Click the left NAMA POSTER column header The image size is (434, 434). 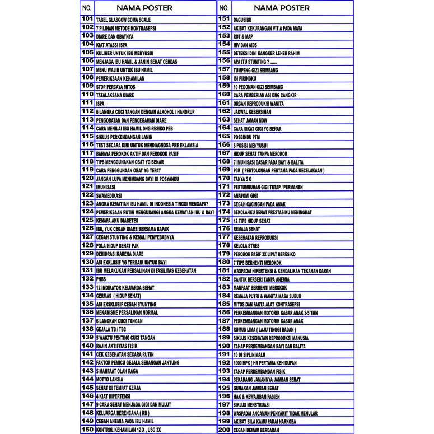point(144,8)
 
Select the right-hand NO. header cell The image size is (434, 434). point(224,8)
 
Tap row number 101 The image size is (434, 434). point(87,19)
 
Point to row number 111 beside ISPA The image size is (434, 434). point(87,103)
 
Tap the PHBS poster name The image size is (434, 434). point(101,279)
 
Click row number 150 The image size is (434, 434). point(87,430)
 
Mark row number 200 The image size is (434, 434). point(224,430)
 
